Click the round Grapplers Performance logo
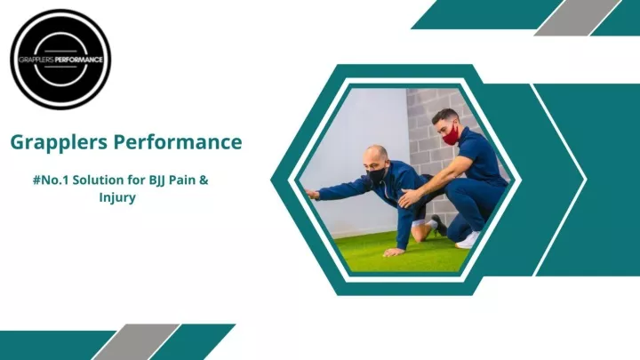click(x=60, y=60)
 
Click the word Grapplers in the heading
click(x=59, y=142)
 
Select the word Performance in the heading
click(x=178, y=141)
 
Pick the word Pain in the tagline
click(x=182, y=180)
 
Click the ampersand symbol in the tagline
click(x=204, y=180)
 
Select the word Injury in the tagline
click(x=117, y=198)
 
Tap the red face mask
click(x=451, y=135)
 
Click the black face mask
click(x=375, y=175)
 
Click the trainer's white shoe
click(x=468, y=240)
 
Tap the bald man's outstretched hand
click(x=312, y=195)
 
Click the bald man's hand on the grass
click(x=394, y=252)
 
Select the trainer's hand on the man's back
click(x=409, y=198)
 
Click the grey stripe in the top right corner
click(x=577, y=17)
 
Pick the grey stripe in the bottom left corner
click(x=136, y=342)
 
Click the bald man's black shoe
click(x=439, y=225)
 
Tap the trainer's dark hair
click(x=445, y=116)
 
